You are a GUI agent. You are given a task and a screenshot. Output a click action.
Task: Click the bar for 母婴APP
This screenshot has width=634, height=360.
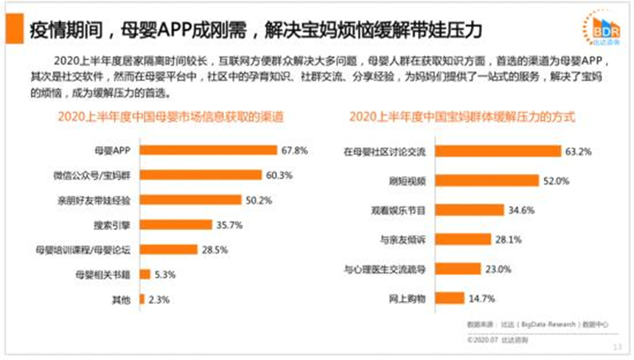(x=207, y=150)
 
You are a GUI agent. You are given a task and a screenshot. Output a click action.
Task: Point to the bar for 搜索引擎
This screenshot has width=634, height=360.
(x=173, y=224)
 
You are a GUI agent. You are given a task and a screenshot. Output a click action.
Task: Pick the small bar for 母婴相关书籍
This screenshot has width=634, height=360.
(x=145, y=274)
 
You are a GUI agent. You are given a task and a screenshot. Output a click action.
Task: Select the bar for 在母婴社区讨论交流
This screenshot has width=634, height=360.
(x=498, y=151)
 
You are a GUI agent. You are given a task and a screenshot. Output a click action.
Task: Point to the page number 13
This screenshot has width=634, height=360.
(x=616, y=347)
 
